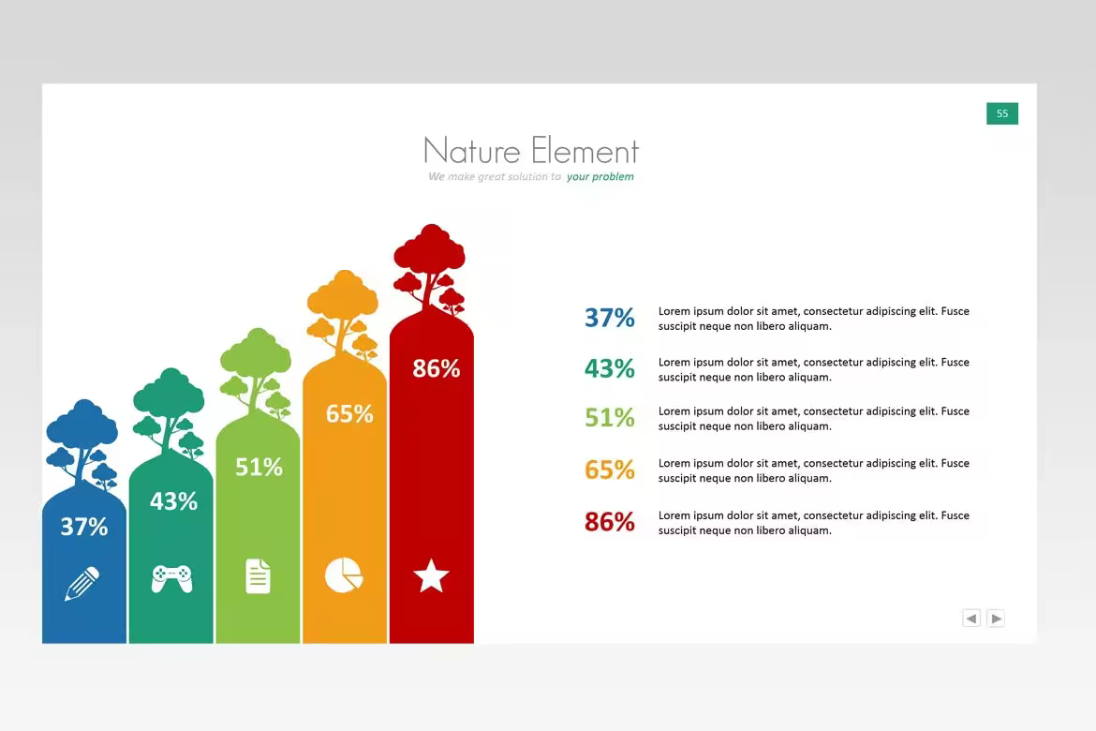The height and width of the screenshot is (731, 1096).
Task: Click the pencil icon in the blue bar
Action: (x=81, y=583)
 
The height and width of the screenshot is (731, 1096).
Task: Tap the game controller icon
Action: (x=172, y=578)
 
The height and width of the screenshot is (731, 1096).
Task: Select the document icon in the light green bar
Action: (x=258, y=576)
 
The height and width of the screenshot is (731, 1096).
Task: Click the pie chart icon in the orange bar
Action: (x=344, y=575)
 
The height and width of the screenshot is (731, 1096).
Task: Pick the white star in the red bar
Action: (x=431, y=575)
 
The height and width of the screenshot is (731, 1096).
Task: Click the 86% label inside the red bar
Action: (x=437, y=368)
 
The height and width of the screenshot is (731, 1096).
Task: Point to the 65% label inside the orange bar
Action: (x=349, y=413)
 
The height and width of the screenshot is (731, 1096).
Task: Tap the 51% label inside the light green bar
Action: (x=259, y=467)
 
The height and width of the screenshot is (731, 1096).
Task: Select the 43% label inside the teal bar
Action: (x=173, y=500)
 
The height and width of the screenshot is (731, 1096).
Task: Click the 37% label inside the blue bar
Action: (x=84, y=526)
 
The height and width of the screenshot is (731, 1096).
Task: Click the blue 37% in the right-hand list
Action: (x=610, y=318)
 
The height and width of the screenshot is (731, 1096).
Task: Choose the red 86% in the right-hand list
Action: (x=610, y=522)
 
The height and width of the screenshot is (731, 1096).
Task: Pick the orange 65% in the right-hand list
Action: (x=610, y=470)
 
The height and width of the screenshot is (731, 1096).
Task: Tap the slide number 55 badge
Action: (x=1002, y=113)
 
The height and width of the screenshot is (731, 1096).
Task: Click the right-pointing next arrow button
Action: (x=996, y=619)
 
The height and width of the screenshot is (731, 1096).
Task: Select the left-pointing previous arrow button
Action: (x=970, y=619)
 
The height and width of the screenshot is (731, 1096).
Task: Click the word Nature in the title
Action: (x=472, y=150)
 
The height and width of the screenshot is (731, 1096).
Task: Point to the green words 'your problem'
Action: (x=600, y=176)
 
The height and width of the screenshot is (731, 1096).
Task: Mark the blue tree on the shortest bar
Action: (x=81, y=445)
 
